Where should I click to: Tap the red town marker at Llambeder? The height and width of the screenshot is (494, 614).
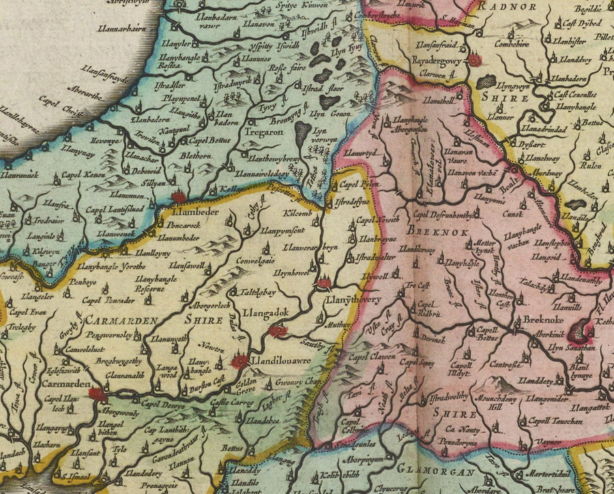179,198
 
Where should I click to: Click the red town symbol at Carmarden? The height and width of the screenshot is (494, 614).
96,393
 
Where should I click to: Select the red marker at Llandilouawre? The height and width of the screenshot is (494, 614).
239,362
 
